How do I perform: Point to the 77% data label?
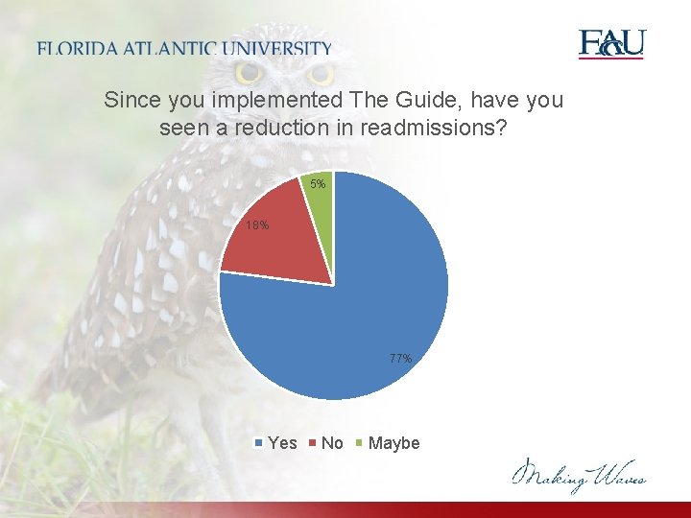(401, 359)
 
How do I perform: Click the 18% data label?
(256, 225)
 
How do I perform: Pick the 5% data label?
(319, 183)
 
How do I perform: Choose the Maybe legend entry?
(388, 443)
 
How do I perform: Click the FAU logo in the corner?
(611, 44)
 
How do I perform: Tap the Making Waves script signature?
(579, 474)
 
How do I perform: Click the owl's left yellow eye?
(249, 72)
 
